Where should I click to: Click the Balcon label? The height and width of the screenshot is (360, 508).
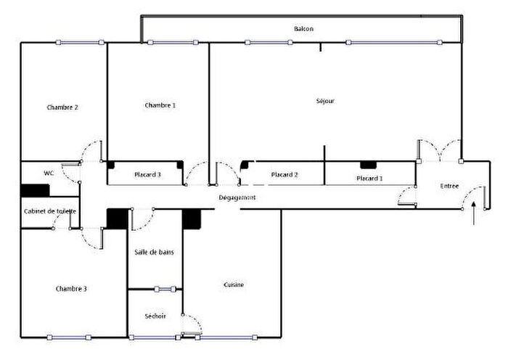pyautogui.click(x=303, y=29)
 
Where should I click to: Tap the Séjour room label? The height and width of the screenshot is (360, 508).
pyautogui.click(x=326, y=101)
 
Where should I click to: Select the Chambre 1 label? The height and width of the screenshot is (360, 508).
pyautogui.click(x=160, y=105)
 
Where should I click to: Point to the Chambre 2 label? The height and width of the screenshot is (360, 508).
pyautogui.click(x=62, y=107)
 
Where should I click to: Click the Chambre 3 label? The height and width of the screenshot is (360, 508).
pyautogui.click(x=71, y=289)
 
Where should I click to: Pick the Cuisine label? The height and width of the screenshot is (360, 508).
pyautogui.click(x=233, y=285)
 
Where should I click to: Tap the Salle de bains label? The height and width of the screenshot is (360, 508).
pyautogui.click(x=154, y=252)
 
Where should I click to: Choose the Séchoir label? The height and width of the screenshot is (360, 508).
pyautogui.click(x=155, y=316)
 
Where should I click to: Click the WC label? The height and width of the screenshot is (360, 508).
pyautogui.click(x=49, y=173)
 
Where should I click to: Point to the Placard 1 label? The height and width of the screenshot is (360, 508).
pyautogui.click(x=369, y=179)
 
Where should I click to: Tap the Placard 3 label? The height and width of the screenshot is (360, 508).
pyautogui.click(x=147, y=175)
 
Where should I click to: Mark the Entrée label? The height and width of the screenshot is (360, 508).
pyautogui.click(x=449, y=187)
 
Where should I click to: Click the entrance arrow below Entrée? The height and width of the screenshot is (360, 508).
pyautogui.click(x=474, y=215)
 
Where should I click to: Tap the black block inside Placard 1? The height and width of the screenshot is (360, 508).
pyautogui.click(x=369, y=165)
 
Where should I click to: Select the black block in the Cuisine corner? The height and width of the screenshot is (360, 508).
pyautogui.click(x=192, y=219)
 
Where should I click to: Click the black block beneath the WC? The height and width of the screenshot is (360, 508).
pyautogui.click(x=35, y=190)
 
